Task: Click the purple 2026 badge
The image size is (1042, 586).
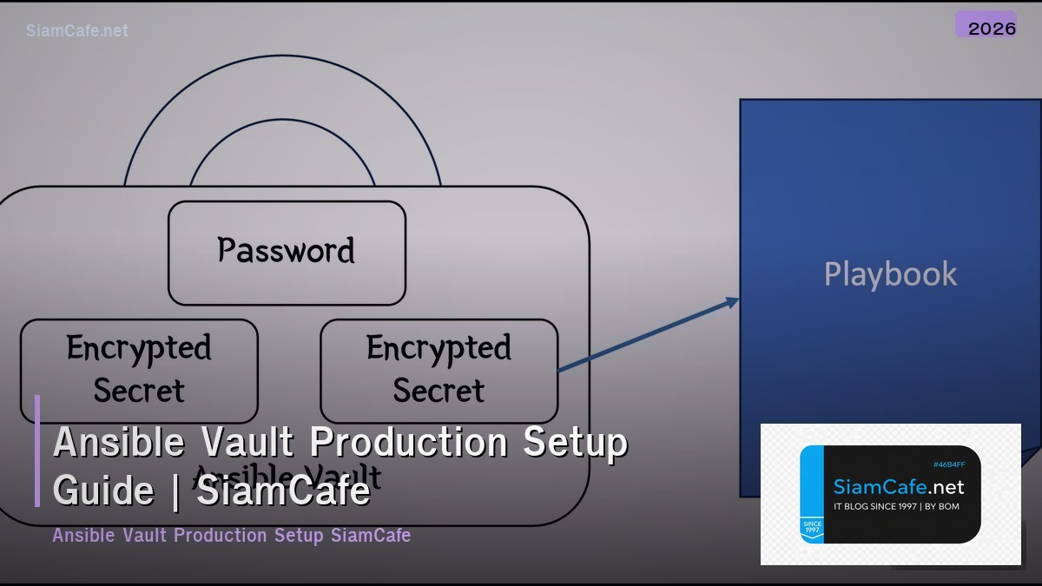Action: tap(986, 25)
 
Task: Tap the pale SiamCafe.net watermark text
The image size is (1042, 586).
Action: tap(77, 30)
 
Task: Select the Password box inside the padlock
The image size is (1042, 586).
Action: tap(287, 253)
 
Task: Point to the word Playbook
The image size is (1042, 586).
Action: tap(890, 274)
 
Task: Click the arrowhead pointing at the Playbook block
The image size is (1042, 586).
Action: tap(733, 301)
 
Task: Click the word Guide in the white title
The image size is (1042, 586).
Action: tap(103, 491)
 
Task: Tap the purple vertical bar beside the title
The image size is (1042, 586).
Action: tap(37, 451)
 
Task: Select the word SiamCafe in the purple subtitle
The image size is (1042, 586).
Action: tap(371, 535)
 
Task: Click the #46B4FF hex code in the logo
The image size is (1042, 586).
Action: tap(948, 464)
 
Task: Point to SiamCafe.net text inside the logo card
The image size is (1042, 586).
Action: tap(898, 487)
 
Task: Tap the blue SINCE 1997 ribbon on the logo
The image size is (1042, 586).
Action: tap(811, 528)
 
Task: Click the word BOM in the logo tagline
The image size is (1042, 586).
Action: tap(949, 506)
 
